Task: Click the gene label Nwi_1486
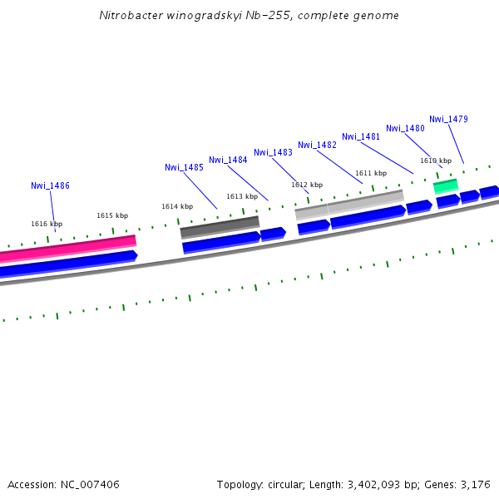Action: tap(50, 185)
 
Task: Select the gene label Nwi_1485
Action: tap(184, 167)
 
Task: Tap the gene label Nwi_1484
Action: tap(228, 160)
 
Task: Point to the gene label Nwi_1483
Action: tap(273, 152)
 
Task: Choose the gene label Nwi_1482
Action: tap(317, 145)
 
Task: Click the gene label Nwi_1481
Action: tap(361, 136)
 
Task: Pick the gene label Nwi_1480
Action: tap(405, 128)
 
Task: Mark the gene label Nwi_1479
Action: tap(448, 119)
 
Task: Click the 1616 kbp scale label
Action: tap(47, 224)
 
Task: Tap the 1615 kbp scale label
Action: tap(112, 215)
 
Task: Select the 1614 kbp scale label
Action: tap(177, 206)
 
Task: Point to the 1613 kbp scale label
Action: tap(242, 196)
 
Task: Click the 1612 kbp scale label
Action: tap(307, 185)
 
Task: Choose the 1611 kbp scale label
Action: tap(371, 173)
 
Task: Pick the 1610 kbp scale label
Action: tap(436, 161)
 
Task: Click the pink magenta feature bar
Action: tap(67, 248)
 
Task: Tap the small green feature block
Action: tap(446, 185)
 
